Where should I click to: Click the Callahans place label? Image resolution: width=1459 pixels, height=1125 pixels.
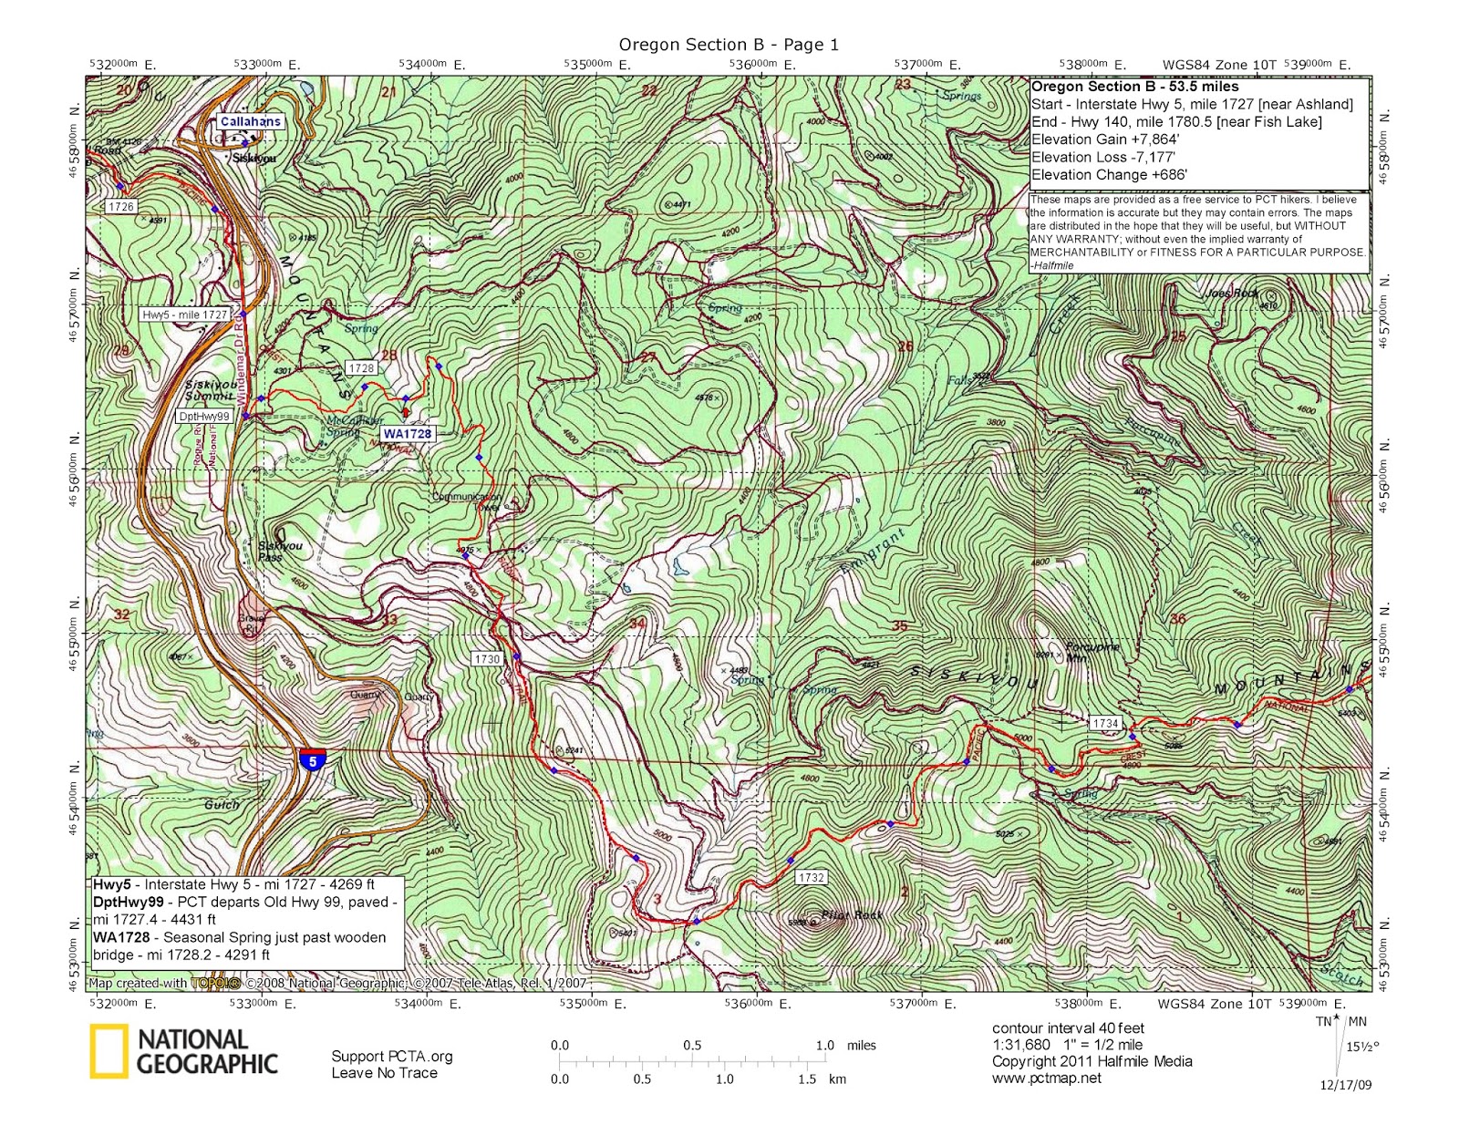click(251, 121)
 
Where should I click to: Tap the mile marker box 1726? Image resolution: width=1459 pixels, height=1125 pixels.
click(120, 207)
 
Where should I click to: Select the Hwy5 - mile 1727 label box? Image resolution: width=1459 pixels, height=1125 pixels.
click(185, 315)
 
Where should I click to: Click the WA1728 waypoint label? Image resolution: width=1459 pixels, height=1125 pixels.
click(407, 434)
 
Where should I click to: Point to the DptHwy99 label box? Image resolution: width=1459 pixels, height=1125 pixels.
click(204, 417)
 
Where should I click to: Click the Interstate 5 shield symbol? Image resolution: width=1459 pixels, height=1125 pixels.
click(312, 759)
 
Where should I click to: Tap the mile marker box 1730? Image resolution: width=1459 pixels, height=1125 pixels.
click(487, 659)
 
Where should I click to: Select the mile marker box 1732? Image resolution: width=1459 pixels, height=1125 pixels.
click(811, 877)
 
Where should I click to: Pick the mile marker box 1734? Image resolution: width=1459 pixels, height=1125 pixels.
click(1104, 723)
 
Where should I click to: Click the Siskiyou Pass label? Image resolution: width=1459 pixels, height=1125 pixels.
click(279, 551)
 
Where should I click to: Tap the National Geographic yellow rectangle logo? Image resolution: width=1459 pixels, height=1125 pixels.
click(108, 1051)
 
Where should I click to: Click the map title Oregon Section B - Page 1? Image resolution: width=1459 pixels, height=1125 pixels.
click(728, 45)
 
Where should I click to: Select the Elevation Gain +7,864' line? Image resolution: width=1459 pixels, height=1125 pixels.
click(1104, 139)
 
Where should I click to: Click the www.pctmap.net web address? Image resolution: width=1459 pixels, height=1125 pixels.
click(1046, 1078)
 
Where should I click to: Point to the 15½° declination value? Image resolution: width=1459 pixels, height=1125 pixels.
click(1362, 1046)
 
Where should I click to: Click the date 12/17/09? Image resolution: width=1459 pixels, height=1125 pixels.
click(1345, 1085)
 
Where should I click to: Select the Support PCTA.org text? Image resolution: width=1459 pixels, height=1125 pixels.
click(391, 1056)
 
